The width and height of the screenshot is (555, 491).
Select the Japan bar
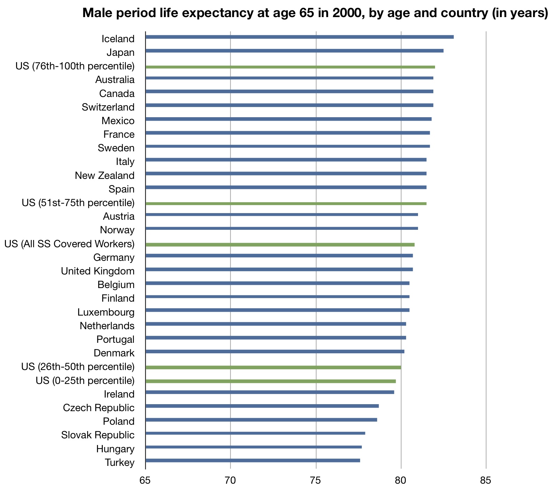point(295,51)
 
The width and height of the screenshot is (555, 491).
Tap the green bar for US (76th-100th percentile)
point(290,67)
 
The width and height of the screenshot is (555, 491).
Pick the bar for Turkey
point(253,461)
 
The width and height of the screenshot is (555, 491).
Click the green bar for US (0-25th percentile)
point(271,381)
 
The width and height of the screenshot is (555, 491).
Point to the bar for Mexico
point(289,119)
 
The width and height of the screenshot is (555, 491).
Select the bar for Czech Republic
point(262,406)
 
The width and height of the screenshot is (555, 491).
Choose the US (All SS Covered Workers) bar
point(280,244)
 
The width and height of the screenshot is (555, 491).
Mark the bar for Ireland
point(270,392)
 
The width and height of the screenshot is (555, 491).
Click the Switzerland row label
point(108,107)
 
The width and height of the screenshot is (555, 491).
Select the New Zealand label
point(105,175)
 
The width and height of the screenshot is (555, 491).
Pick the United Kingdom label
point(98,271)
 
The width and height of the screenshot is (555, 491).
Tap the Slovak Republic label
point(98,435)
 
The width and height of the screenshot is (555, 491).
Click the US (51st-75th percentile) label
point(78,203)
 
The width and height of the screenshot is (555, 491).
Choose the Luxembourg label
point(106,312)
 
